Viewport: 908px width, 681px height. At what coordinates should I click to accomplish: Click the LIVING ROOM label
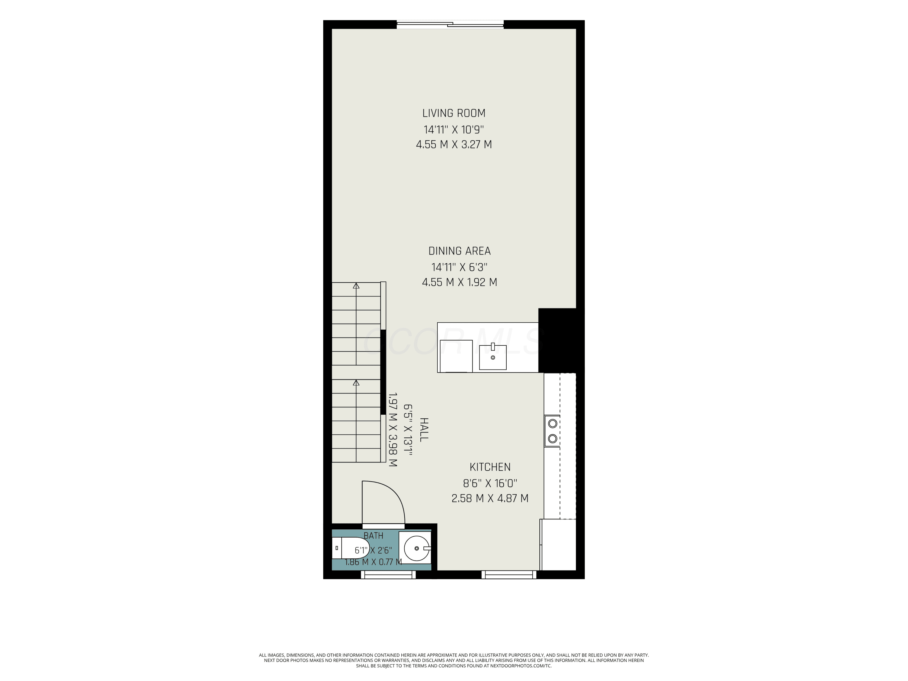tap(454, 113)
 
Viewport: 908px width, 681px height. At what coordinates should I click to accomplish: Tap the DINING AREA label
tap(459, 251)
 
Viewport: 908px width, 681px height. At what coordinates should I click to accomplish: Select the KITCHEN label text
tap(490, 467)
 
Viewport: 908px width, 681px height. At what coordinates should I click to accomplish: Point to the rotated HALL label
tap(424, 429)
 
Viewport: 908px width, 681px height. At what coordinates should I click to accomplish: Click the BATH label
tap(373, 536)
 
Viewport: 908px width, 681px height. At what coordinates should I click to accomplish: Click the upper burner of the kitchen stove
tap(552, 423)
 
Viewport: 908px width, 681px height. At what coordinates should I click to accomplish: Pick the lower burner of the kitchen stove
tap(552, 438)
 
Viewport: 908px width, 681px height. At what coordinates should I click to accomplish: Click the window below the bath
tap(388, 575)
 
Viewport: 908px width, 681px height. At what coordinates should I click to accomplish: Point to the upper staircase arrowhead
tap(356, 286)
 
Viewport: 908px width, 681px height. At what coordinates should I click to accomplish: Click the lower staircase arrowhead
tap(356, 383)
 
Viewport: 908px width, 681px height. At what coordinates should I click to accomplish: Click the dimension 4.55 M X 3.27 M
tap(454, 144)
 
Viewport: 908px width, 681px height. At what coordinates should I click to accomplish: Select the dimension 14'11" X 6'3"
tap(459, 267)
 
